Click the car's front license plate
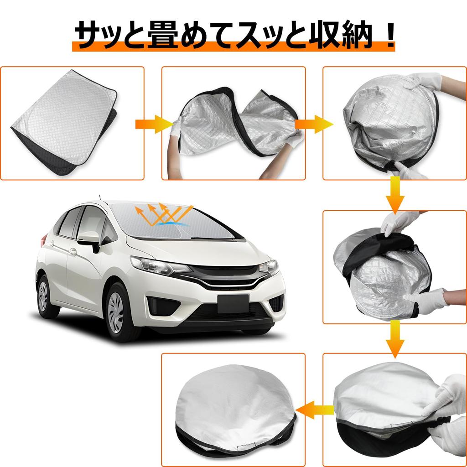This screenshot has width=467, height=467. [x=233, y=302]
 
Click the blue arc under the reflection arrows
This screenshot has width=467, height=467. [x=169, y=222]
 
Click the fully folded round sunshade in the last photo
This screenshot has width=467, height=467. [x=235, y=408]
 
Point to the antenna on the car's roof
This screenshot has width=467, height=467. [x=99, y=198]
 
